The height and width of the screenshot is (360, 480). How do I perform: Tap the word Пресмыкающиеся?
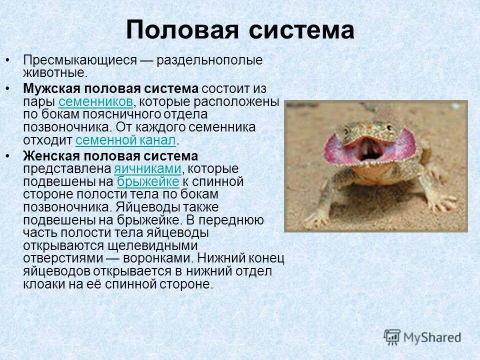[x=80, y=60]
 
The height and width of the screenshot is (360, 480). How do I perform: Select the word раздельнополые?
[x=209, y=60]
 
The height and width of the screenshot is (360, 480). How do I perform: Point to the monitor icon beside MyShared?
[x=392, y=337]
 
